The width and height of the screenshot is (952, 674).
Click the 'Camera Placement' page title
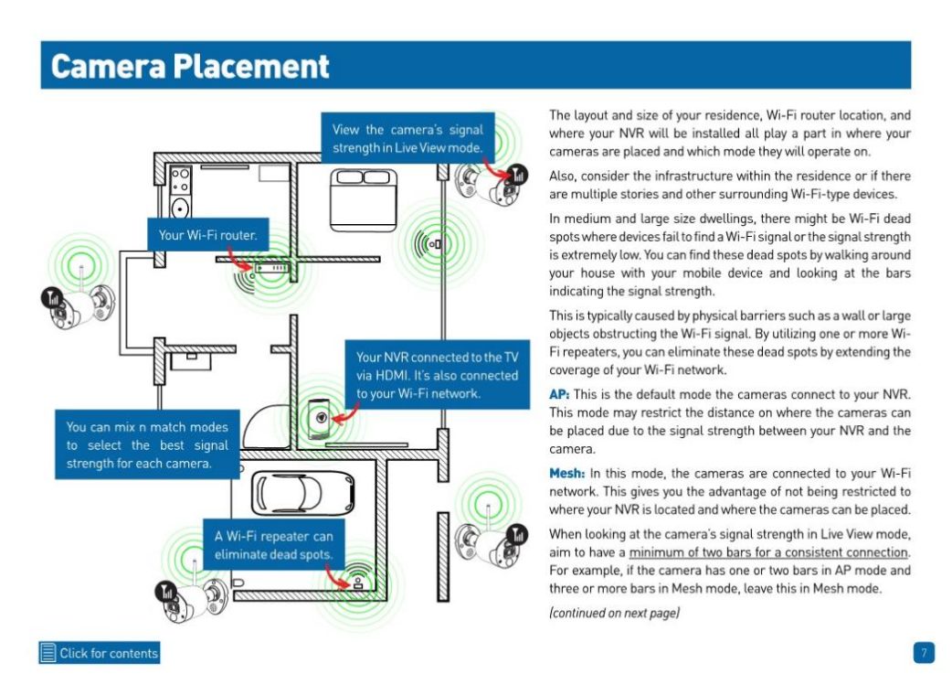(190, 66)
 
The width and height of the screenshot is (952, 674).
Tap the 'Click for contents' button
(100, 653)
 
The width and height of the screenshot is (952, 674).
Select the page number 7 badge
(924, 653)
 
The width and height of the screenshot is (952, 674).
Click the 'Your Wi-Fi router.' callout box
(207, 235)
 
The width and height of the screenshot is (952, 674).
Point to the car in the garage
(303, 493)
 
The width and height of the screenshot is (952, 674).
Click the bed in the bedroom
(364, 200)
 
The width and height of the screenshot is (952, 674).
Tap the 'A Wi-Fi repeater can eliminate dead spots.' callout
(273, 544)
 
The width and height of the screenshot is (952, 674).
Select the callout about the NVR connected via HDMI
(437, 375)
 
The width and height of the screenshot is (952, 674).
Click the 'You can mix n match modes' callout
(147, 444)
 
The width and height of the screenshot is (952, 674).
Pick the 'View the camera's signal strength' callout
(407, 138)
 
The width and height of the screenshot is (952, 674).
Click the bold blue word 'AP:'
(558, 394)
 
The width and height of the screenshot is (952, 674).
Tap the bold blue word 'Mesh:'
(567, 473)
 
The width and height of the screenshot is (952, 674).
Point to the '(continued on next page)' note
(614, 613)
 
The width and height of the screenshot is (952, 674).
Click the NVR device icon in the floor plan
(320, 418)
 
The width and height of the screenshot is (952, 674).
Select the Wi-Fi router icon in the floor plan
(271, 268)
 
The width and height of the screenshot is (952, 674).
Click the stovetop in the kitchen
(180, 180)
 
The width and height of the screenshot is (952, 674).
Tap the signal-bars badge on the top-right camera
(518, 175)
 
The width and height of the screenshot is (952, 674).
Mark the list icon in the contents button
(48, 653)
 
